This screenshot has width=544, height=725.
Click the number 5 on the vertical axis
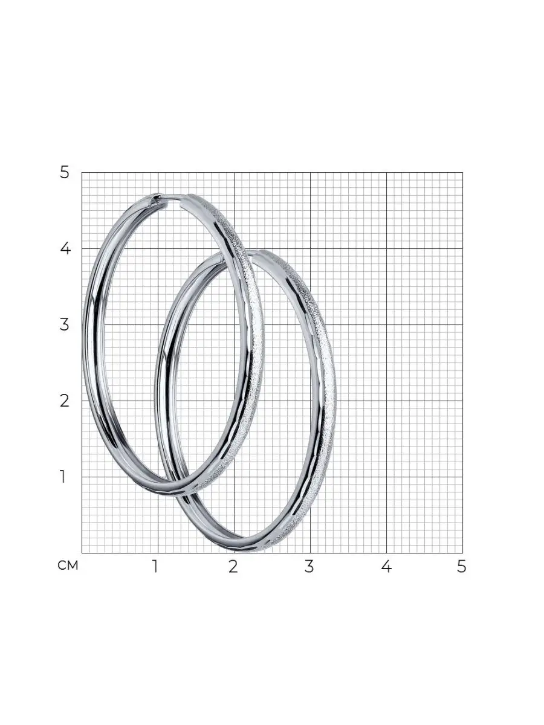pyautogui.click(x=65, y=173)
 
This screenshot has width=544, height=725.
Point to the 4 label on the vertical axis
pyautogui.click(x=65, y=248)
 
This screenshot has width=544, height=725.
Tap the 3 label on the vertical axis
pyautogui.click(x=65, y=324)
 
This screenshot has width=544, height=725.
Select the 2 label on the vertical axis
pyautogui.click(x=65, y=401)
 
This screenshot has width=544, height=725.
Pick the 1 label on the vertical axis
pyautogui.click(x=63, y=477)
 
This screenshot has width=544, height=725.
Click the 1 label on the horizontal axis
pyautogui.click(x=155, y=567)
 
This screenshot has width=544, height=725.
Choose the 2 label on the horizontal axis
pyautogui.click(x=233, y=567)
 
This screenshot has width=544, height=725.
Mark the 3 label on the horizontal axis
pyautogui.click(x=309, y=567)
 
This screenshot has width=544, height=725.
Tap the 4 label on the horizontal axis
pyautogui.click(x=386, y=567)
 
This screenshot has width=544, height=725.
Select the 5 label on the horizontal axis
pyautogui.click(x=461, y=567)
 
